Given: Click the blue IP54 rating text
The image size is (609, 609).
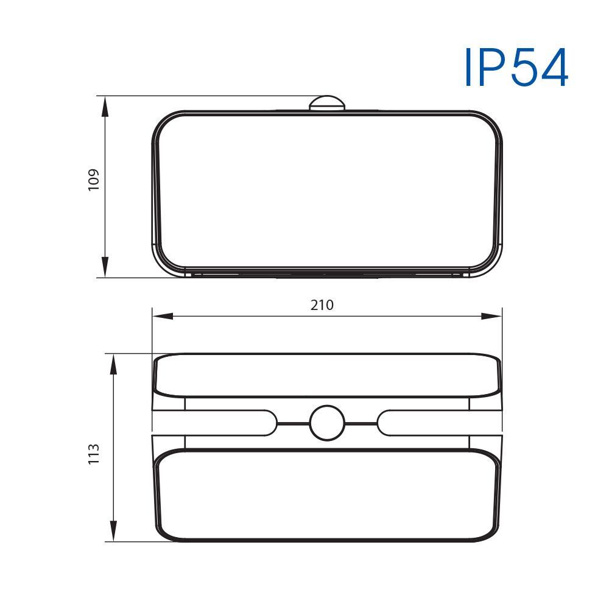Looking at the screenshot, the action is tap(516, 67).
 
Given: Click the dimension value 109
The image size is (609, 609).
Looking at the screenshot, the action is tap(94, 180).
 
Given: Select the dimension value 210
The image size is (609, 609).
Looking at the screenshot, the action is tap(322, 305).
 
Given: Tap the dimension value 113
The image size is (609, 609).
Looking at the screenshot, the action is tap(94, 454).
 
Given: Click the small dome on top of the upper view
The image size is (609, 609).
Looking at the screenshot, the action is tap(327, 103).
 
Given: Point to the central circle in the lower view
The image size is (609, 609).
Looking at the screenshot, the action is tap(327, 423).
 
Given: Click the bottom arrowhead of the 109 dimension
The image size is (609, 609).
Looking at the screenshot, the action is tap(105, 267).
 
